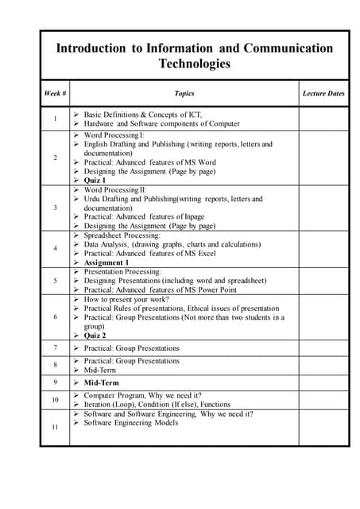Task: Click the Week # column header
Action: coord(55,94)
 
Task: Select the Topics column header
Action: coord(184,94)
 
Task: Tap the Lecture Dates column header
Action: coord(323,94)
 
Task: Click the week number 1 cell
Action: coord(55,119)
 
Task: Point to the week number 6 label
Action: coord(55,317)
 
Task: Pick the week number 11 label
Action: coord(55,428)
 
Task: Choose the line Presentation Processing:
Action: coord(122,271)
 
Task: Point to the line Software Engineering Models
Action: coord(130,423)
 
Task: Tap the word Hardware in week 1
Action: coord(99,124)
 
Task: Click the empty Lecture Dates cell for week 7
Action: coord(323,348)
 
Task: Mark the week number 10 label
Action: coord(55,400)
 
